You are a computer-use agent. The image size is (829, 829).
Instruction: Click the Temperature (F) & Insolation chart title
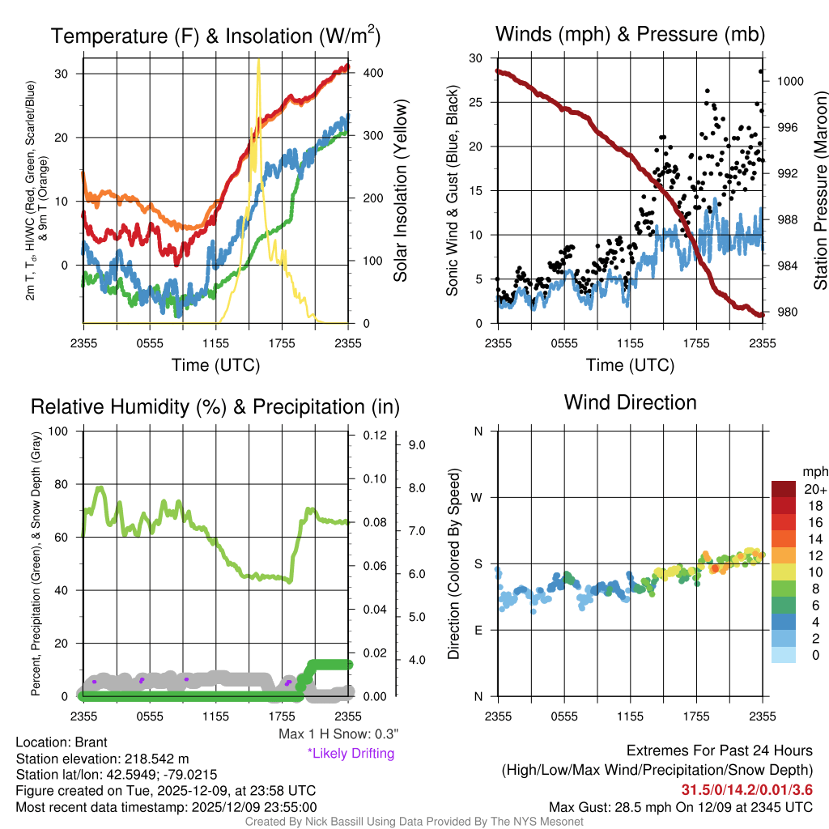[215, 36]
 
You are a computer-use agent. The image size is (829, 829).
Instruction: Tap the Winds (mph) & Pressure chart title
[630, 34]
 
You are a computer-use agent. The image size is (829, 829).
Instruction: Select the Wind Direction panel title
[630, 402]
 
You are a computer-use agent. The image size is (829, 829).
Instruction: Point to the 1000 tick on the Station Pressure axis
[789, 81]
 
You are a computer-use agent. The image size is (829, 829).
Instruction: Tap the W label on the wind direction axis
[478, 497]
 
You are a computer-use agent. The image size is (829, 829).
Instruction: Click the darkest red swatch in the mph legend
[784, 489]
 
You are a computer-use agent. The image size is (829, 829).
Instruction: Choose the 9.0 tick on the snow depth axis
[417, 444]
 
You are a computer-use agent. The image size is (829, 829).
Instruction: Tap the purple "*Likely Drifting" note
[351, 753]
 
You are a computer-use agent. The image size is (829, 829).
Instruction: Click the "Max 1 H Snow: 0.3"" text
[338, 734]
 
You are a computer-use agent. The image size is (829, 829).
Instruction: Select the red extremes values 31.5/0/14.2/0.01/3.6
[746, 789]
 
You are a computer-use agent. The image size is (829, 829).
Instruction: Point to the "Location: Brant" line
[62, 742]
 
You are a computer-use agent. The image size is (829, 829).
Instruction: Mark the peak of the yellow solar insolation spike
[258, 60]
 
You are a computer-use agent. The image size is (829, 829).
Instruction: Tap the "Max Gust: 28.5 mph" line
[680, 806]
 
